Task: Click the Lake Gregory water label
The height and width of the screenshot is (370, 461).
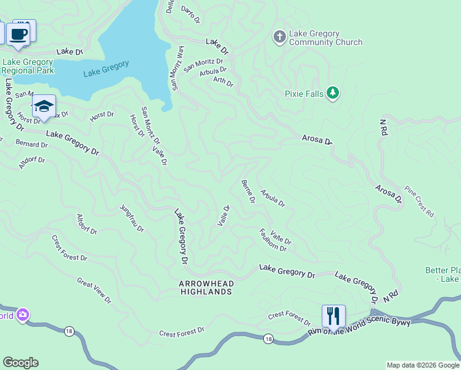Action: pos(106,68)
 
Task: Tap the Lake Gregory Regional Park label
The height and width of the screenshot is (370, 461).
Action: pos(29,66)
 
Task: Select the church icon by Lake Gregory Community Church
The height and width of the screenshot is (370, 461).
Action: pos(279,37)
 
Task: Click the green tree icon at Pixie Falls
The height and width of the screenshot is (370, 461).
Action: pos(333,93)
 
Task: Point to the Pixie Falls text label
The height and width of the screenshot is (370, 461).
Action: pos(304,94)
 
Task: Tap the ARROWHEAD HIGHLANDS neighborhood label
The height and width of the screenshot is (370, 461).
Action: pos(205,287)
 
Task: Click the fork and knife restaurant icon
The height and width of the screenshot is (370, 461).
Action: pos(333,316)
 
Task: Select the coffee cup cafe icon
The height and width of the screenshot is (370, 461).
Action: pos(18,33)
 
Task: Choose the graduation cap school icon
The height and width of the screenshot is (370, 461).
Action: pos(44,107)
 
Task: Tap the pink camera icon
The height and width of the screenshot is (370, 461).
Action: pos(23,315)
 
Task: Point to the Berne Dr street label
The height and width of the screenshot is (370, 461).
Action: pos(248,191)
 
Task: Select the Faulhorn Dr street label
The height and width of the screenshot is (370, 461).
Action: pos(272,240)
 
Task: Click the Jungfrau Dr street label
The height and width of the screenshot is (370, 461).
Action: pos(132,218)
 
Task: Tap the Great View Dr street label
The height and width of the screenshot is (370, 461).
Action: pos(94,290)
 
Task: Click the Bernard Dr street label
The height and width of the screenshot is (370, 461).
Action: pos(31,144)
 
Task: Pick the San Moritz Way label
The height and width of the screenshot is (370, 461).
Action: pos(177,68)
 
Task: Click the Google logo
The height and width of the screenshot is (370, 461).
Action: pos(20,363)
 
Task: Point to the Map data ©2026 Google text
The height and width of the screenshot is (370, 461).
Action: pos(423,365)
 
